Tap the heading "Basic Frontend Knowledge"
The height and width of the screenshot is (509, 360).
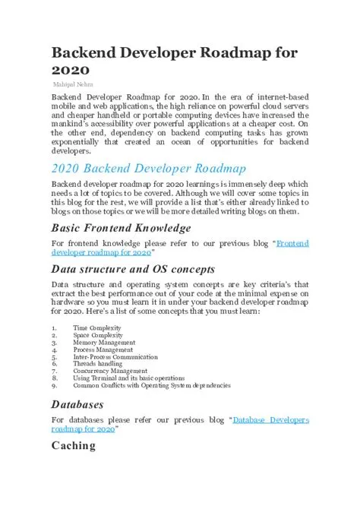click(121, 228)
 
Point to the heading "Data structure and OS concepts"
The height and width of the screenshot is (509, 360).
click(133, 268)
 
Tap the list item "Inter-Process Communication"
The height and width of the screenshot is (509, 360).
click(115, 357)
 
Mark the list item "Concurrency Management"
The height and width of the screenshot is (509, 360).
click(110, 371)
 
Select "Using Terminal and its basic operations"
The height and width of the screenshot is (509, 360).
click(128, 378)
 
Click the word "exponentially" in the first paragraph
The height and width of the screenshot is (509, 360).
click(80, 143)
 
